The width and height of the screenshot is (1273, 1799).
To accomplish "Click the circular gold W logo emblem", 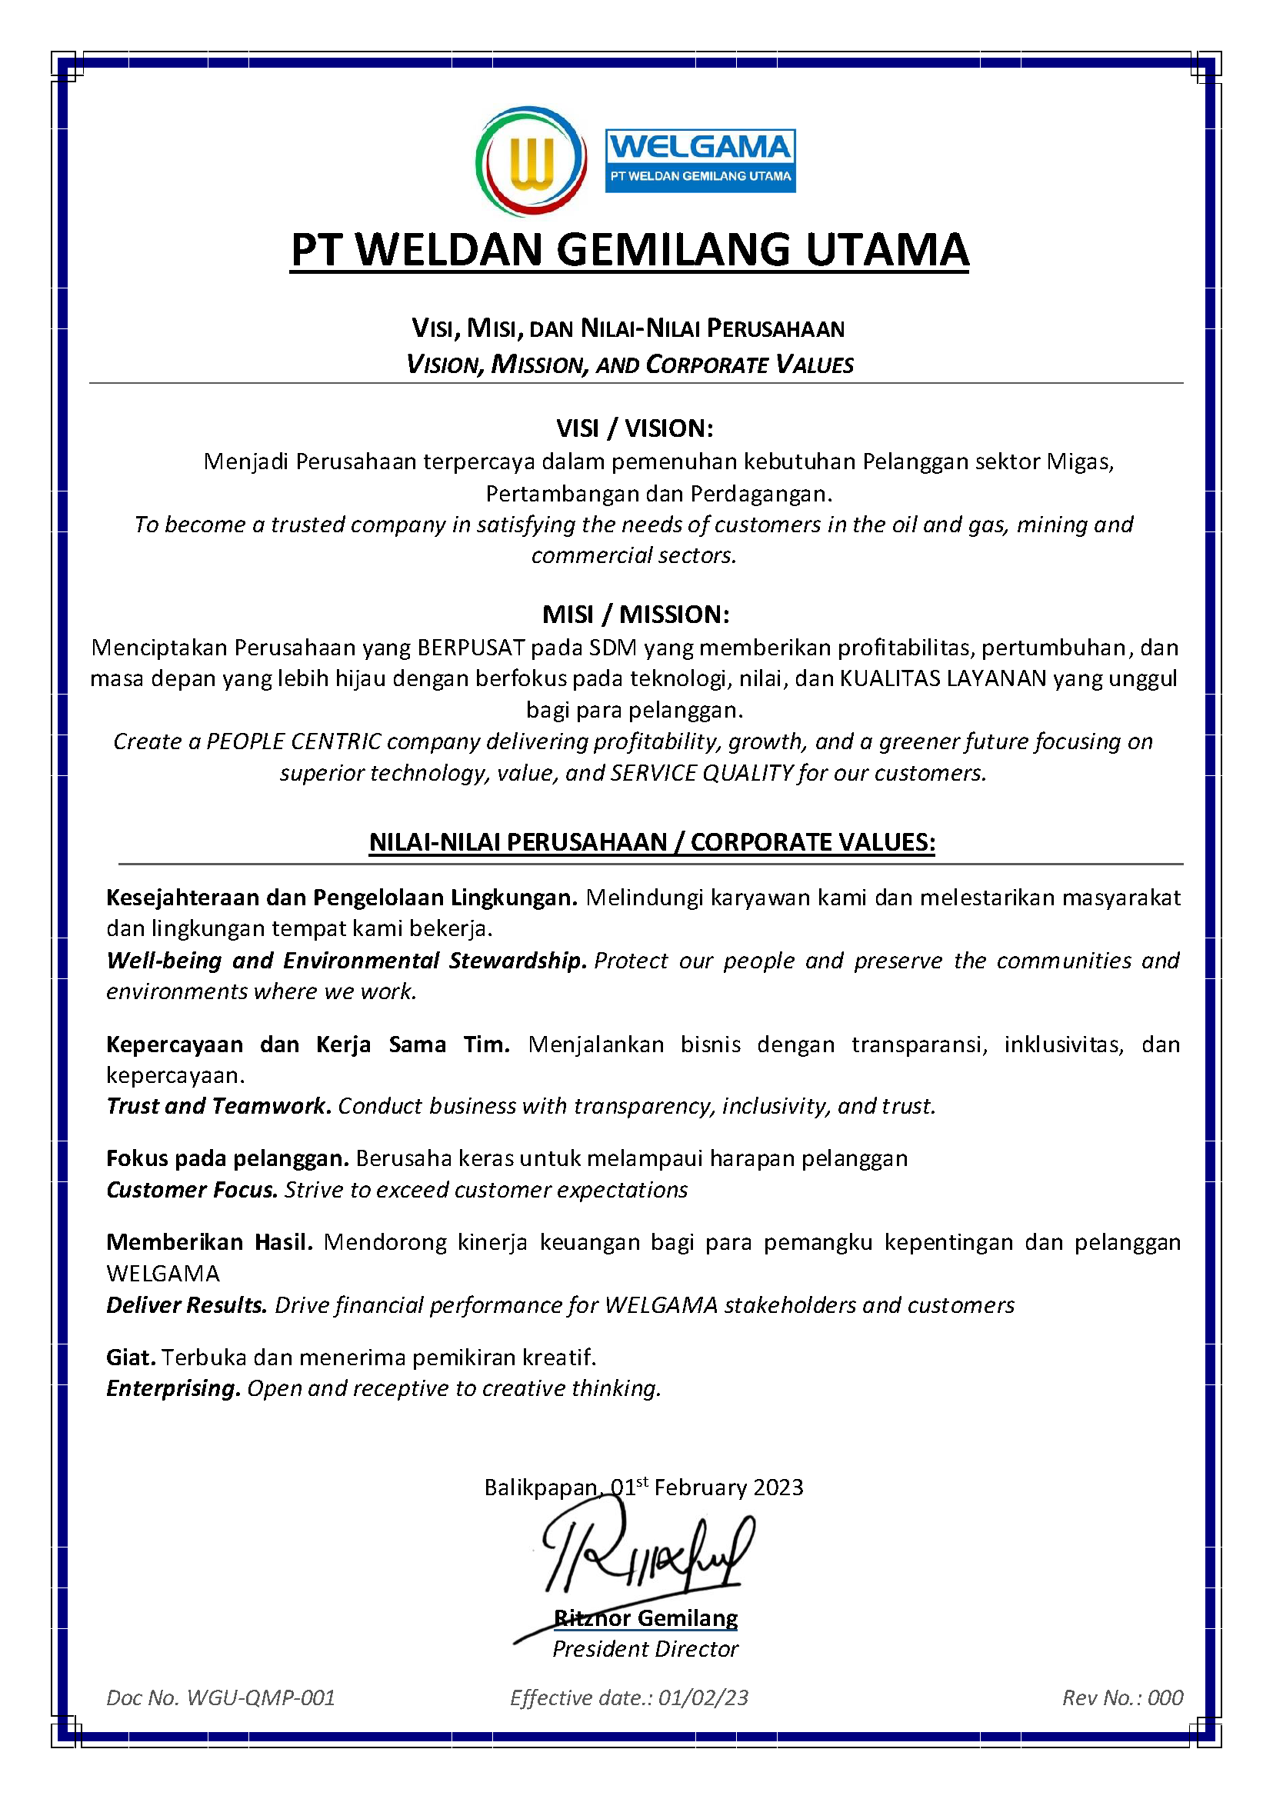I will tap(532, 162).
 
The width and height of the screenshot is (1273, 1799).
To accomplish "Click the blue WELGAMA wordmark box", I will tap(700, 161).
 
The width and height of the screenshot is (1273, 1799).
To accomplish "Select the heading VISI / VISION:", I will tap(635, 428).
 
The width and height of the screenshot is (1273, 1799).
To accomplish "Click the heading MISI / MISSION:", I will tap(635, 614).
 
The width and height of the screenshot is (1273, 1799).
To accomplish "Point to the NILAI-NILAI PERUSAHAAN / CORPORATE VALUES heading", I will tap(652, 842).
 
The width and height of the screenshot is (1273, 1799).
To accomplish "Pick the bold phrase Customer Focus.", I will tap(192, 1190).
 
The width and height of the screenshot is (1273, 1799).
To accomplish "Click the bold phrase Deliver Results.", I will tap(187, 1305).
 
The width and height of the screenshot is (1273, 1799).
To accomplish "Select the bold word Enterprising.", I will tap(173, 1388).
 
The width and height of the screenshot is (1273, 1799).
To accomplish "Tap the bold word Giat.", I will tap(131, 1357).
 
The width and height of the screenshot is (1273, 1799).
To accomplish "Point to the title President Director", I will tap(645, 1649).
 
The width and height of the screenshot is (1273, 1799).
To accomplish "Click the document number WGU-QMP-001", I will tap(261, 1698).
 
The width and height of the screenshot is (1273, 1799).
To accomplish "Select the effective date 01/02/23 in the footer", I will tap(703, 1698).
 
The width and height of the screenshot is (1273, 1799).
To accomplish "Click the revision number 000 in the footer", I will tap(1165, 1698).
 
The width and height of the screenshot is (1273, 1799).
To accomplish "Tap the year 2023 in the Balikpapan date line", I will tap(778, 1488).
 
